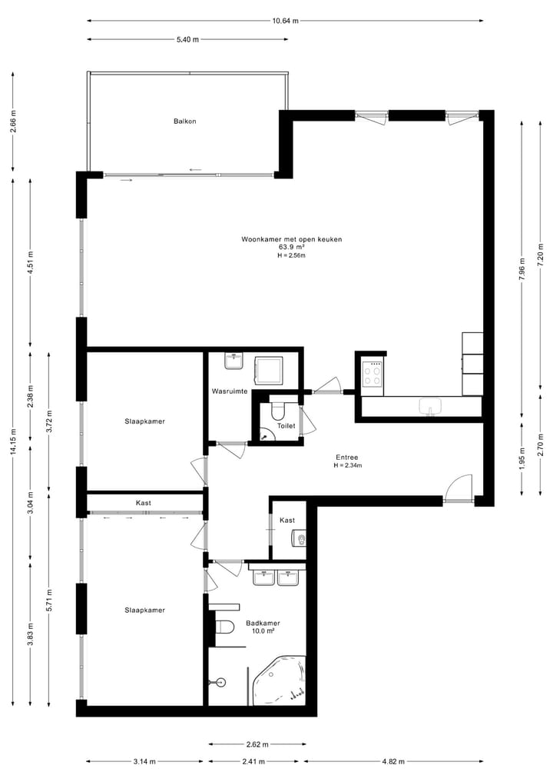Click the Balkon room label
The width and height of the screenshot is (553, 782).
point(184,121)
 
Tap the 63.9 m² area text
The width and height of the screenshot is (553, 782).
point(291,247)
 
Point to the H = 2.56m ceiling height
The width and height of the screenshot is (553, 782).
point(291,255)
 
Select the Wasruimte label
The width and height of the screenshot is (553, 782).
point(229,391)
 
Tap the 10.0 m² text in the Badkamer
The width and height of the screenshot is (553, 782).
point(263,631)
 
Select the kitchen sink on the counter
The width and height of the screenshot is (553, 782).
point(428,405)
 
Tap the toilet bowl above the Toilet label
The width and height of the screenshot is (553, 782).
point(278,408)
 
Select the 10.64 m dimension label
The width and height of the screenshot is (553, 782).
point(286,21)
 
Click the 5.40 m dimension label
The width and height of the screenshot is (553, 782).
point(188,39)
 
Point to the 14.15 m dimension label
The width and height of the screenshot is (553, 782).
point(13,441)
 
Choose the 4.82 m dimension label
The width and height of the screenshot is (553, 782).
point(394,762)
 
